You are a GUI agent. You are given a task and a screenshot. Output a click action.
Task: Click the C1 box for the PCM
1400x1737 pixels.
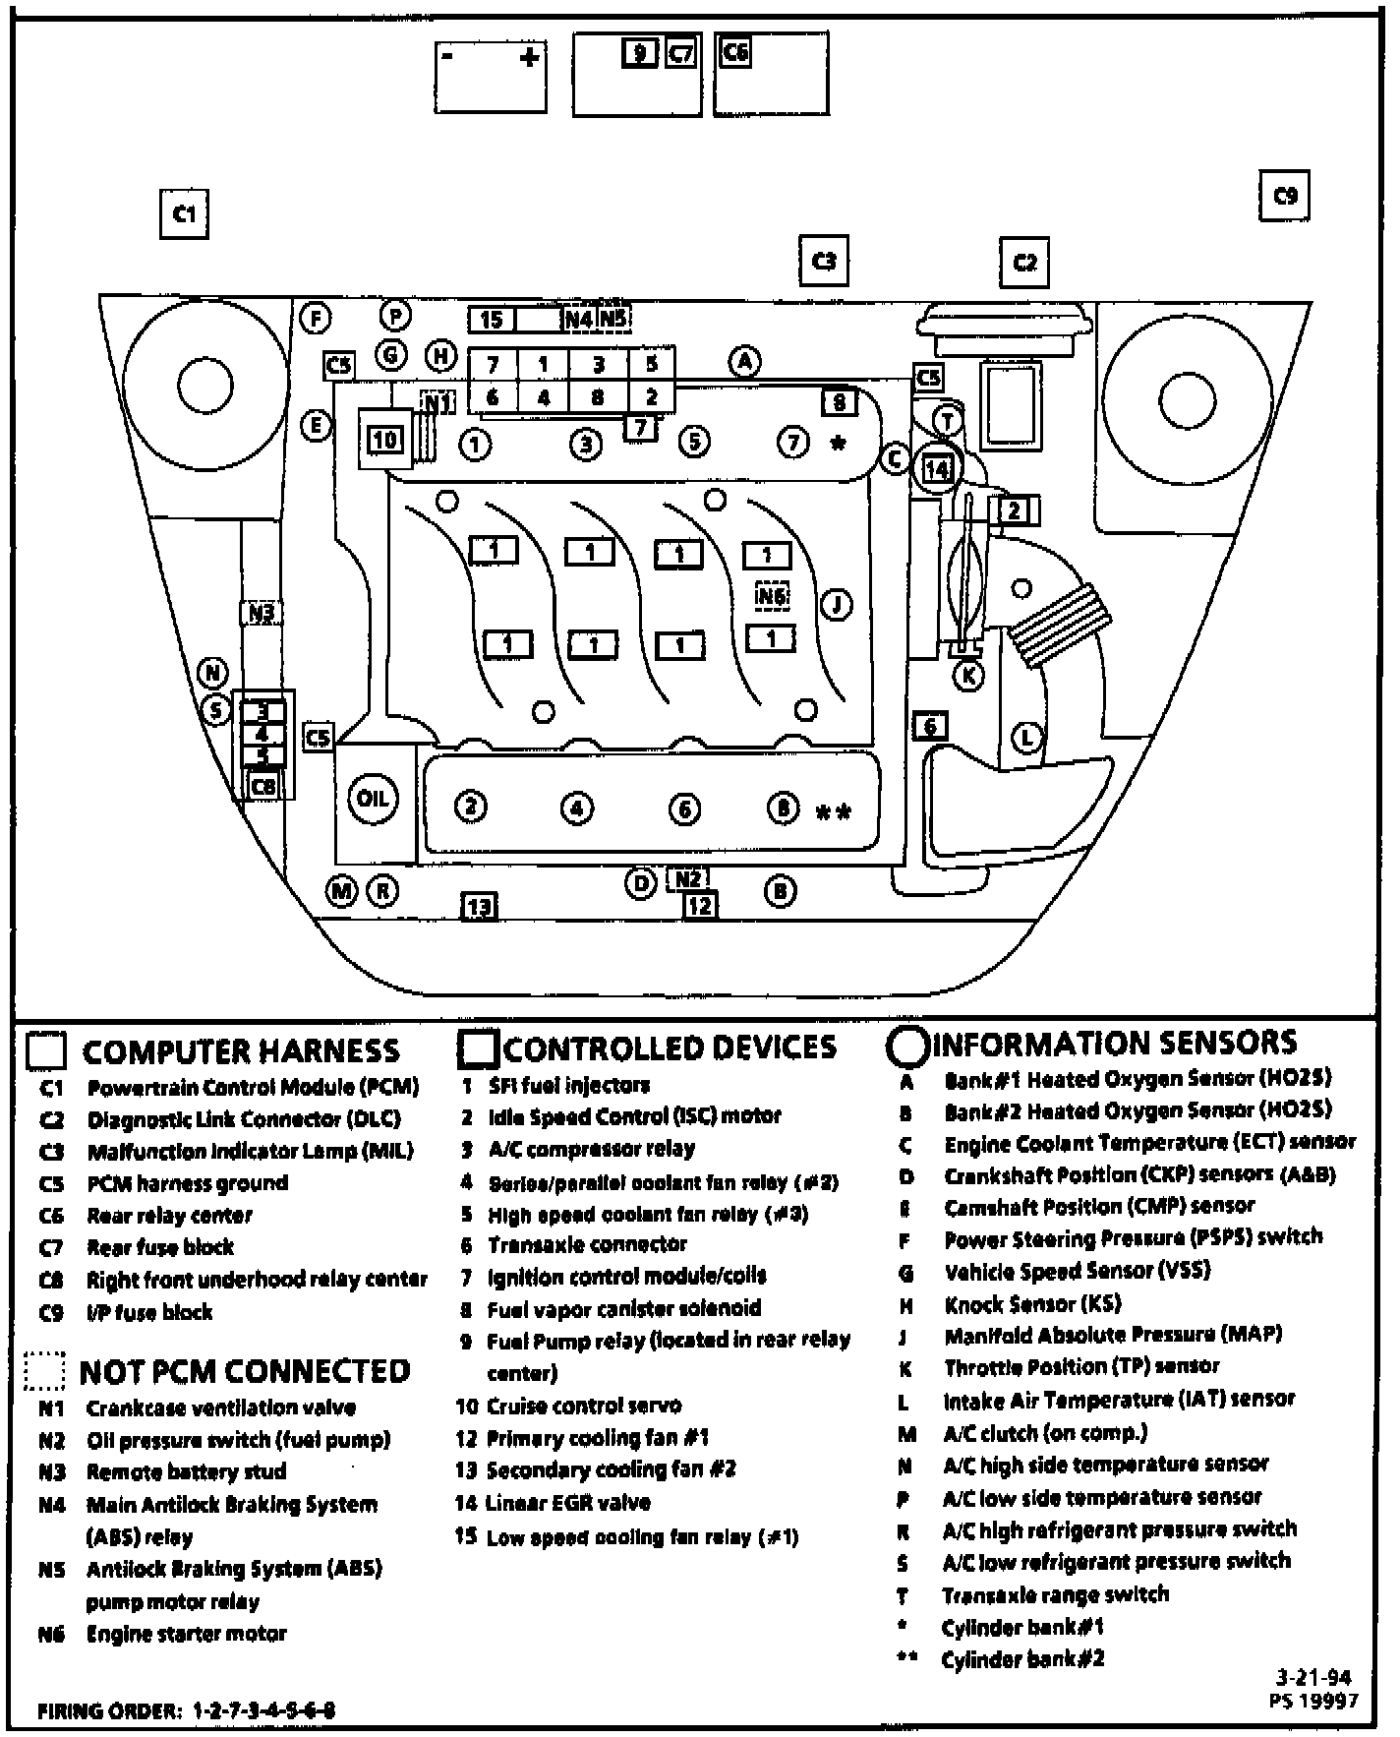point(184,213)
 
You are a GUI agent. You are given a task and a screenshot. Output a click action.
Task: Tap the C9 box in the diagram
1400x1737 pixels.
point(1285,196)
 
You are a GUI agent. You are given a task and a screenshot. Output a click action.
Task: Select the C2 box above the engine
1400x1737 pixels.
point(1024,262)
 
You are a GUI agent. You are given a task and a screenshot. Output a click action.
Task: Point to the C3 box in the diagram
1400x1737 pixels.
point(824,261)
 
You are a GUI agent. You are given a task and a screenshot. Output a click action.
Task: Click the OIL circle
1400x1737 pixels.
point(373,798)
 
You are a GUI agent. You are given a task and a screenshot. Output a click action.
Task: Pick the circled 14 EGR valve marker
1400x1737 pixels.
point(937,469)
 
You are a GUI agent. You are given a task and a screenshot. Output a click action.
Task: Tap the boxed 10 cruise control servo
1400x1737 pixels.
point(384,440)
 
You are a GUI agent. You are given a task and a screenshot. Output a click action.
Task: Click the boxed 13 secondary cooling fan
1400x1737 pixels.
point(479,906)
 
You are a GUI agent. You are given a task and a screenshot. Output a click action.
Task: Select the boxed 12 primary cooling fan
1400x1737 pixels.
point(699,905)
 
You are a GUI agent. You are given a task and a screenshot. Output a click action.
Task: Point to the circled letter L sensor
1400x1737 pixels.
point(1027,737)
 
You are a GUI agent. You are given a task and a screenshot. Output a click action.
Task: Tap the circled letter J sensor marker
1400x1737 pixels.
point(836,604)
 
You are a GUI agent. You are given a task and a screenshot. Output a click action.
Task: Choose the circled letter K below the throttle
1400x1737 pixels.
point(969,676)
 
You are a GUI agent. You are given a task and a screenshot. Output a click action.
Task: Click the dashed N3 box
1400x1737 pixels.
point(261,612)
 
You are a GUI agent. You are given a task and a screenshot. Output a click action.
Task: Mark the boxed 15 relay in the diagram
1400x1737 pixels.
point(492,319)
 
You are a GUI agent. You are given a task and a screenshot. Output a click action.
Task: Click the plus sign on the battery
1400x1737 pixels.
point(529,57)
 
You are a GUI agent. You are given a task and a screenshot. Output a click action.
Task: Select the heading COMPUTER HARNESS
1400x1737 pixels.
point(241,1051)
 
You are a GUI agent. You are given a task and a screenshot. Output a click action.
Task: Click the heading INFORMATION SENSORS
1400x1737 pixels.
point(1119,1043)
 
